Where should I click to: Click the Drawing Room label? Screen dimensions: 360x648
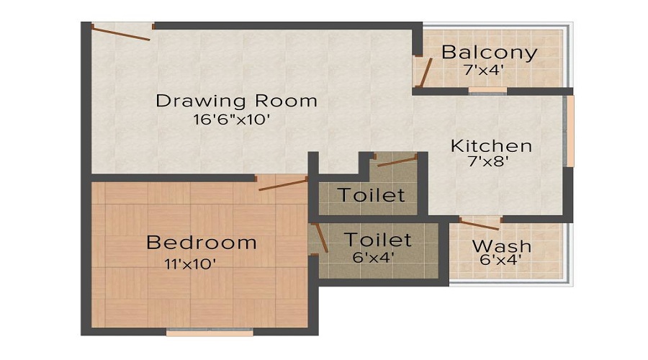click(x=236, y=100)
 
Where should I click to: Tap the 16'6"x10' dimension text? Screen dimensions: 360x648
click(x=231, y=120)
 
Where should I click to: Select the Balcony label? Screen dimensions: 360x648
click(x=489, y=52)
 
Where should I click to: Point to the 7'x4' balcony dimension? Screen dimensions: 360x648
click(x=483, y=71)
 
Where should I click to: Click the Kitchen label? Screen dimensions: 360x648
click(x=491, y=145)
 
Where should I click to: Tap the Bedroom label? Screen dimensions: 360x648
click(x=201, y=242)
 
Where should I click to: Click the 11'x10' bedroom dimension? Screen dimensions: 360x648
click(x=190, y=264)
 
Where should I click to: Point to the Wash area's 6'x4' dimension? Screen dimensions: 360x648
click(x=497, y=260)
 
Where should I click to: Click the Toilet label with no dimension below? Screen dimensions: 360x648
click(x=372, y=194)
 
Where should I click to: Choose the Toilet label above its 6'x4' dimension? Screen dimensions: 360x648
click(x=377, y=239)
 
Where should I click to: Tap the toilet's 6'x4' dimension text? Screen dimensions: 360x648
click(x=372, y=256)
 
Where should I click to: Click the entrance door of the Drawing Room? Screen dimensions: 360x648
click(x=122, y=30)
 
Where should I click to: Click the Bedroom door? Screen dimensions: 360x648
click(x=283, y=183)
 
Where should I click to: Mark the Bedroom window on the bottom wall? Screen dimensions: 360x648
click(x=210, y=333)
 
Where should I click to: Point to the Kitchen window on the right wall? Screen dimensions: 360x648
click(x=570, y=131)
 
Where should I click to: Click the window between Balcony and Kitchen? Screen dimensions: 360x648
click(x=487, y=91)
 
